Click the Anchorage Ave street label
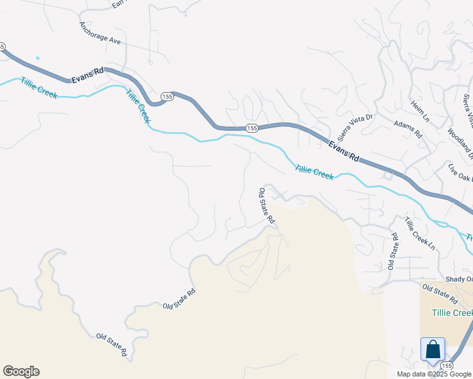(x=99, y=33)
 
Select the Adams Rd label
(x=408, y=129)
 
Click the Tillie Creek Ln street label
(x=420, y=233)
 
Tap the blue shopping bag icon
(x=433, y=349)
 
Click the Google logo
(x=21, y=371)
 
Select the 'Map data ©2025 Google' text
(x=434, y=374)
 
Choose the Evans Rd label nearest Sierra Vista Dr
(x=343, y=152)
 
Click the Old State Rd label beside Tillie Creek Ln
(x=393, y=251)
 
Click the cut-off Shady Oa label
(x=458, y=279)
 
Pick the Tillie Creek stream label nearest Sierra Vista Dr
(x=314, y=171)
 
